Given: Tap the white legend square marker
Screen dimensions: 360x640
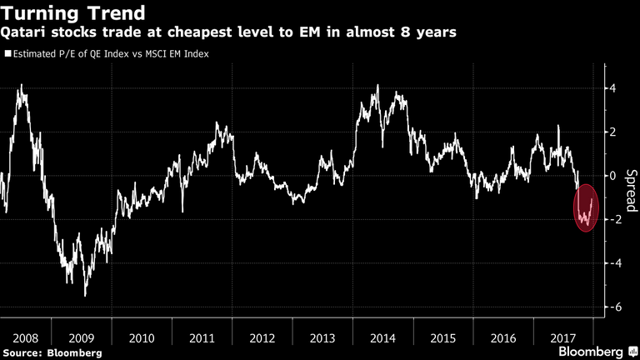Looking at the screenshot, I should click(7, 54).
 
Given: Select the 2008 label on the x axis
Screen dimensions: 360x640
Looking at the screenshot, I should click(25, 338).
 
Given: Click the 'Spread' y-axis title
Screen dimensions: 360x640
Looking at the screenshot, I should click(630, 188).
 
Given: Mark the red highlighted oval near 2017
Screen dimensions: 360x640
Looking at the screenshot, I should click(586, 208).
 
